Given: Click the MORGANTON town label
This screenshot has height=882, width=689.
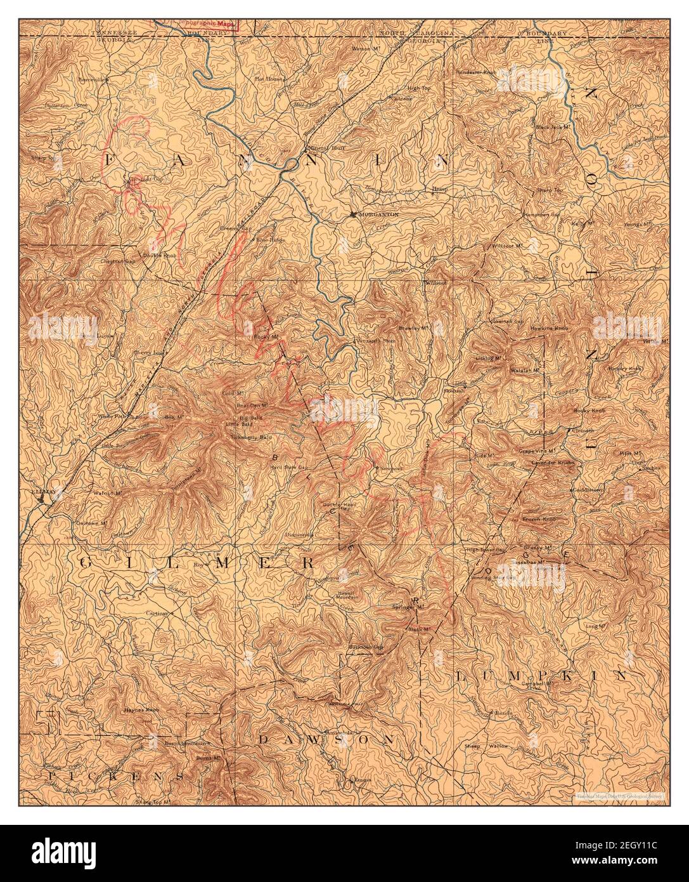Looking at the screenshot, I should pos(378,214).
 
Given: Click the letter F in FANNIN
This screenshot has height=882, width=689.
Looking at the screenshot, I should pos(112,162).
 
